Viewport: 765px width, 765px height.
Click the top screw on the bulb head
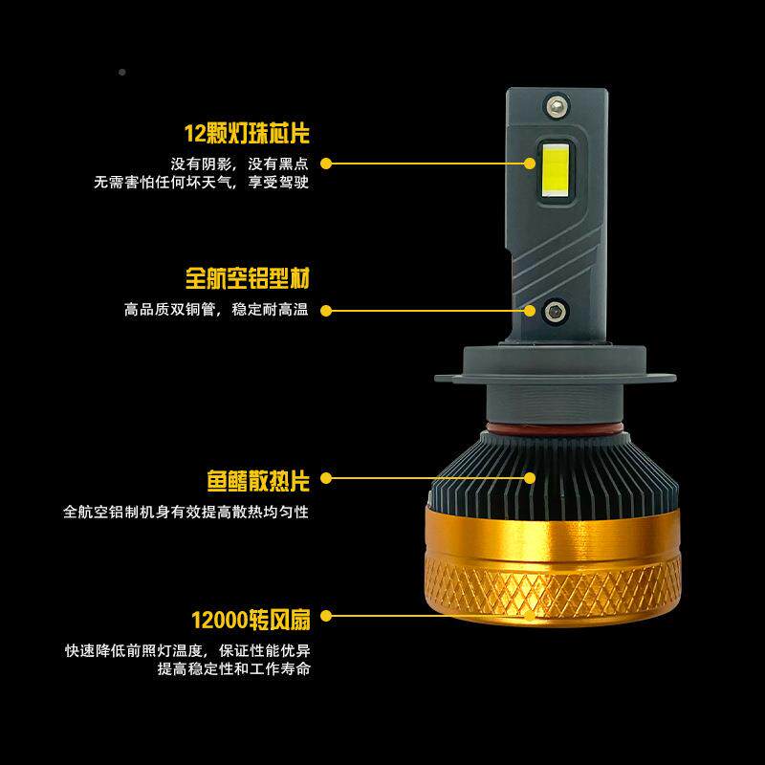(x=556, y=104)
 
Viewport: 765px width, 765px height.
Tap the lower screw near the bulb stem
(x=555, y=310)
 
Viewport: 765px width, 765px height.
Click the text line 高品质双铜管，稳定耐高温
(x=216, y=310)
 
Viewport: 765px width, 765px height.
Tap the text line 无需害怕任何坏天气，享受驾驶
(x=201, y=182)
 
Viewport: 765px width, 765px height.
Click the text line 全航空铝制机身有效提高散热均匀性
(x=186, y=512)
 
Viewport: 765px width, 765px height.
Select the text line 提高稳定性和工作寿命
(x=234, y=669)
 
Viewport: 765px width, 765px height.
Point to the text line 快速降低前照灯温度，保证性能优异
(x=187, y=651)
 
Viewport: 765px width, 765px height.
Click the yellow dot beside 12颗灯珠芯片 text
(x=325, y=164)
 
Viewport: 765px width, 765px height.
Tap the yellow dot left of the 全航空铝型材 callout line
(x=325, y=310)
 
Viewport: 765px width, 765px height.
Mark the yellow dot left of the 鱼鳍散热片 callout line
(x=325, y=477)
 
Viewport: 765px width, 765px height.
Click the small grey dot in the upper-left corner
(x=121, y=73)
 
